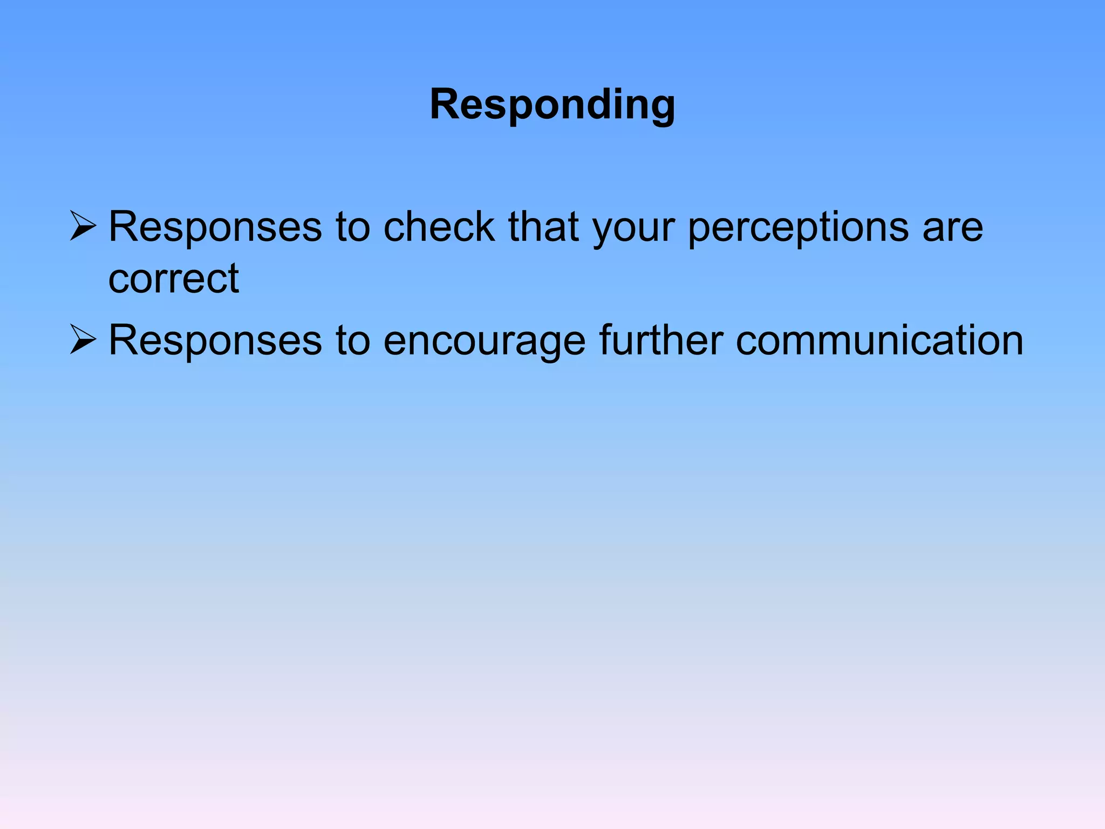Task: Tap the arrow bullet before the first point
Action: tap(83, 227)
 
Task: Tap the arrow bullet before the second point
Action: tap(83, 340)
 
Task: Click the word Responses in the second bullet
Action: tap(215, 341)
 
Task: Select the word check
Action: tap(439, 227)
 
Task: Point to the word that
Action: tap(544, 227)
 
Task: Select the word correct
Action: tap(173, 280)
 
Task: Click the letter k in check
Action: tap(483, 227)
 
